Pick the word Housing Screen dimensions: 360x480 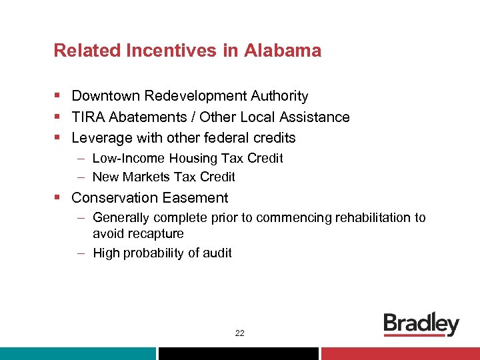(181, 159)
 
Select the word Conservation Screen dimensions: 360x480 (114, 198)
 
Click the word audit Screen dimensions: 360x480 (217, 253)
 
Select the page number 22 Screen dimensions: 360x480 (239, 333)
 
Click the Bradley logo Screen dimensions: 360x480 (421, 325)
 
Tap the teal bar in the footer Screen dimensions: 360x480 (77, 353)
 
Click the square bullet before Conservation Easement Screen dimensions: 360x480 (58, 198)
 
